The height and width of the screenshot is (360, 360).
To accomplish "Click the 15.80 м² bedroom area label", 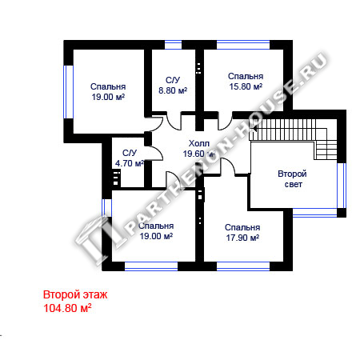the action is (x=246, y=86).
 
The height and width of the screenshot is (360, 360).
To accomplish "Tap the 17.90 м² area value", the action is (x=242, y=238).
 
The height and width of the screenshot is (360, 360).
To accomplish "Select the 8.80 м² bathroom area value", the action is (x=173, y=90).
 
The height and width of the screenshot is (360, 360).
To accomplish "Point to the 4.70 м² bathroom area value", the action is (x=130, y=163).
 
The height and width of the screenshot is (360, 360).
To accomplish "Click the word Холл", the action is (x=199, y=143).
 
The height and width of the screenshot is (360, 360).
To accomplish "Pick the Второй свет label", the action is (x=292, y=179).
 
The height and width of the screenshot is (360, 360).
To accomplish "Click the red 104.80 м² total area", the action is (x=67, y=308).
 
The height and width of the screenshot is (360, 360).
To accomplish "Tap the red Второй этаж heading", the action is (x=75, y=295).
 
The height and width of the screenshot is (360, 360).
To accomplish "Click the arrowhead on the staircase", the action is (x=255, y=129).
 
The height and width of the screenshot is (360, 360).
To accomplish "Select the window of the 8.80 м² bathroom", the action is (x=173, y=45).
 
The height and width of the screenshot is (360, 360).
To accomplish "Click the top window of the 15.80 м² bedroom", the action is (x=243, y=45).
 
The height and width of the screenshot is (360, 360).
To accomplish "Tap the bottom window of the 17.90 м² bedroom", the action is (x=243, y=266).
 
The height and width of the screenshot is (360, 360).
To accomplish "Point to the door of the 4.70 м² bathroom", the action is (x=156, y=154).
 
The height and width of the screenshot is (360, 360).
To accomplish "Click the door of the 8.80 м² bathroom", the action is (x=174, y=122).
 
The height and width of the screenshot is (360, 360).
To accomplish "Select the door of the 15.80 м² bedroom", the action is (x=226, y=122).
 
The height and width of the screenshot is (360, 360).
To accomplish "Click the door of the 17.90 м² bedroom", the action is (x=227, y=166).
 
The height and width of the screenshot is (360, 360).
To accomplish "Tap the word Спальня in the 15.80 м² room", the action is (x=246, y=76).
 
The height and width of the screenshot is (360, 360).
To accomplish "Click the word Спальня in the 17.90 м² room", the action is (x=242, y=227).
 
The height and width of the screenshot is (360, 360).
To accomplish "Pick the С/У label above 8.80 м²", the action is (x=173, y=80).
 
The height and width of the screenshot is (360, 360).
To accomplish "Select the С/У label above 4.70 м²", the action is (x=130, y=153).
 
